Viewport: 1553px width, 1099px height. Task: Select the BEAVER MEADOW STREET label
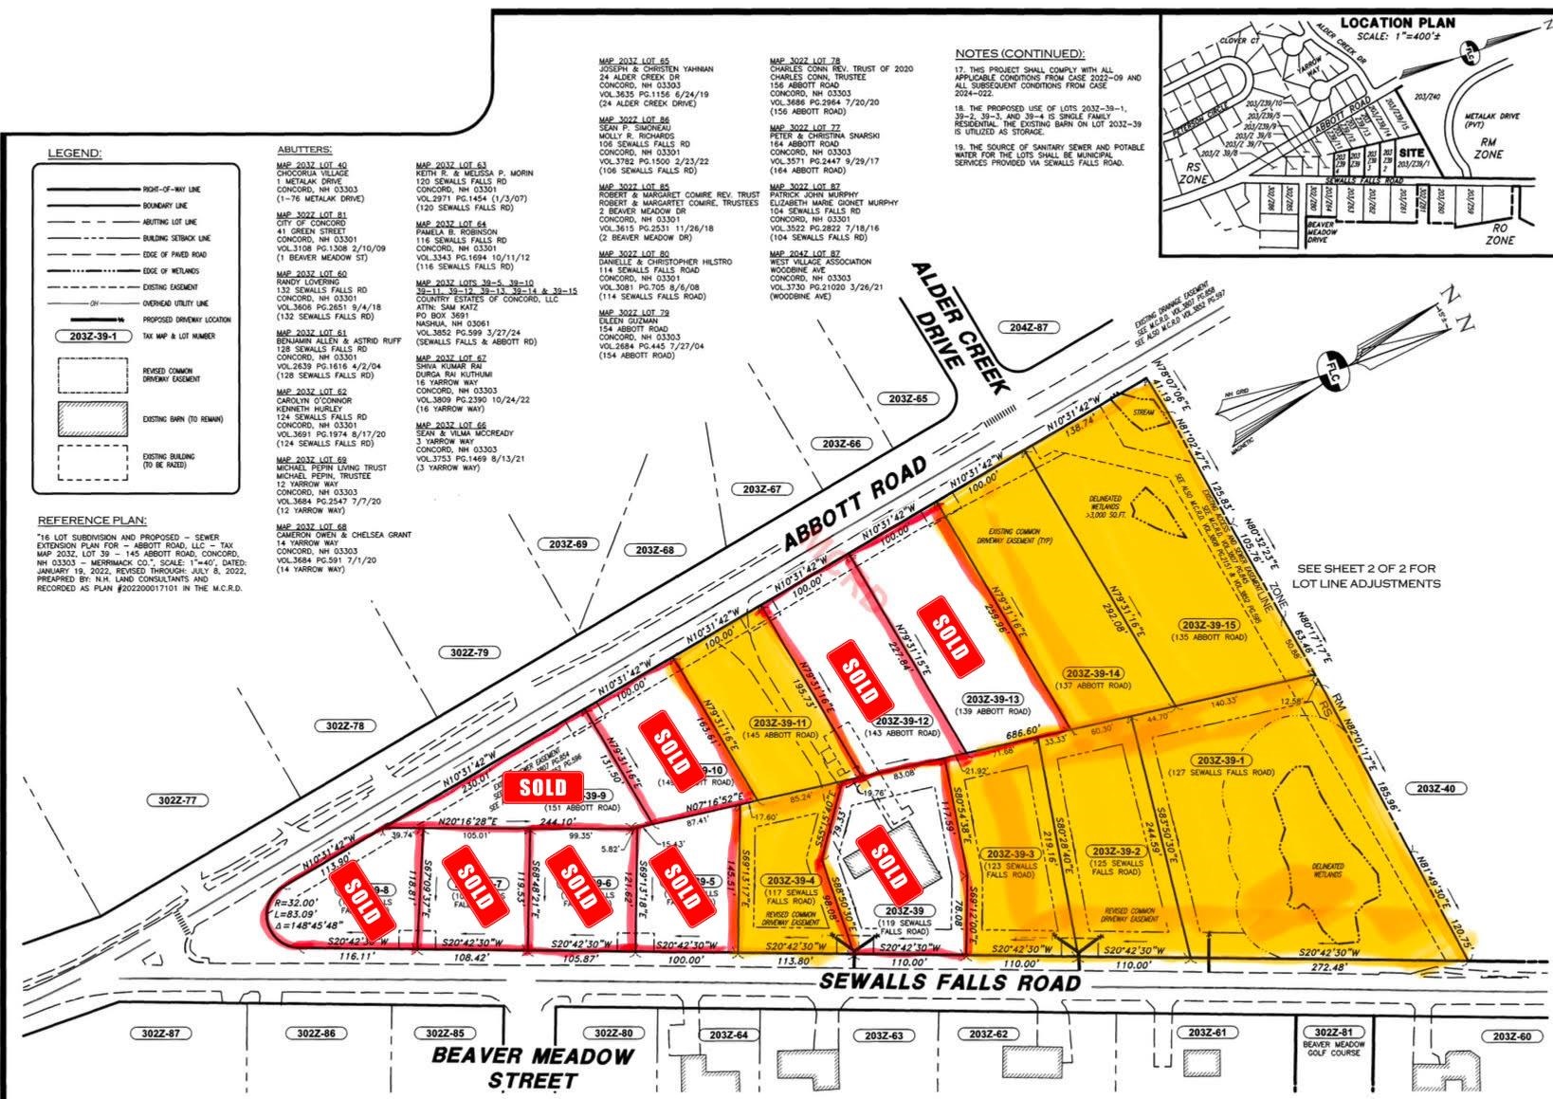tap(533, 1068)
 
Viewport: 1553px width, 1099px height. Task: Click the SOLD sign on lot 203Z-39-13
tap(949, 626)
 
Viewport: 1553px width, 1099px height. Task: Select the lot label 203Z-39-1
tap(1222, 761)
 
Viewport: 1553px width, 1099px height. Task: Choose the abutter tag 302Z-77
tap(176, 800)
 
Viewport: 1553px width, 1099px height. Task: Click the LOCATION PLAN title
tap(1398, 24)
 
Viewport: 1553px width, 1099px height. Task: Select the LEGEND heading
tap(75, 153)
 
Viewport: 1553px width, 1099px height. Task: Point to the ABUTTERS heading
tap(304, 150)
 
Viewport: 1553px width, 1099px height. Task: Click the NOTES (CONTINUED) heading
tap(1019, 54)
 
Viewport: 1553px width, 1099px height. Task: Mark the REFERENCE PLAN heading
tap(93, 521)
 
